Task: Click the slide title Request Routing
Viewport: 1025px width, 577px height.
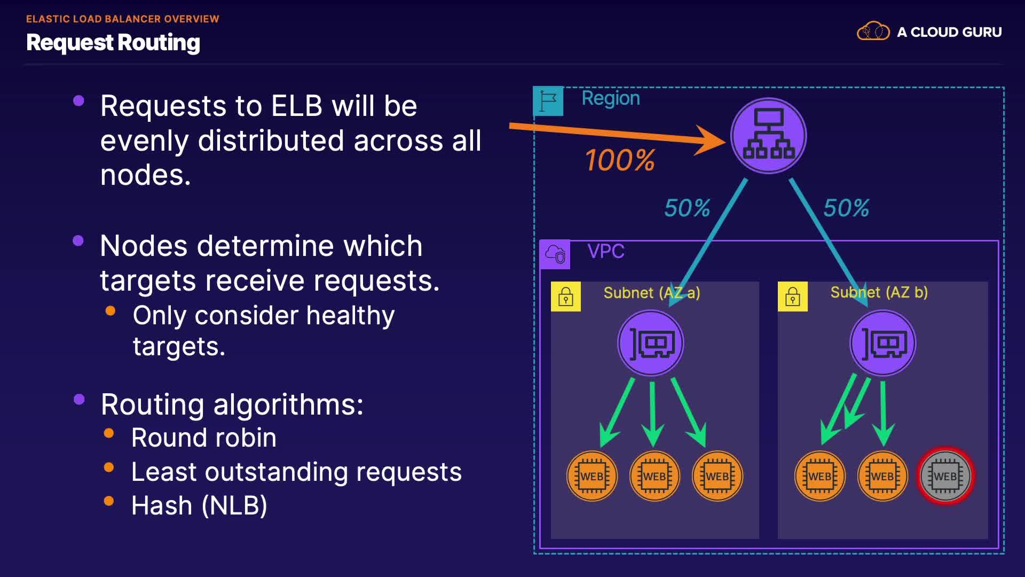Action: tap(113, 43)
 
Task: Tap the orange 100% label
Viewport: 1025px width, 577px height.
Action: tap(620, 160)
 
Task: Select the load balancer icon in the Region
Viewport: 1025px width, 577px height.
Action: tap(768, 136)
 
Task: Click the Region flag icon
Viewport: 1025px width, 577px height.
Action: tap(548, 101)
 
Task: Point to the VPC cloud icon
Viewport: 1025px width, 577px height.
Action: tap(555, 254)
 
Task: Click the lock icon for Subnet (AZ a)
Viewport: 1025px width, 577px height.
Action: tap(566, 297)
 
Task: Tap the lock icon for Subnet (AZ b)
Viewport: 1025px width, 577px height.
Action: tap(793, 297)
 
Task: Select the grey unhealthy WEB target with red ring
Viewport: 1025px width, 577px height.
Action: tap(945, 476)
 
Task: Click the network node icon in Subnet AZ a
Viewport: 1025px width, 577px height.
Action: tap(651, 344)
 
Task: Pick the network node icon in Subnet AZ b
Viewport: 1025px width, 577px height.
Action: tap(883, 344)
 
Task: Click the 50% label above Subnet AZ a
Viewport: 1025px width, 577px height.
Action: tap(687, 208)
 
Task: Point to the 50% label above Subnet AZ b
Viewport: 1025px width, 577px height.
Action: tap(846, 208)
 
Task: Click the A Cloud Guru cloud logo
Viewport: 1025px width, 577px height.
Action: tap(873, 32)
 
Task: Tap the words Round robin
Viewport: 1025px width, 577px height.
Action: tap(204, 438)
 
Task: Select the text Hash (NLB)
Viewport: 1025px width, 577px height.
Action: tap(199, 505)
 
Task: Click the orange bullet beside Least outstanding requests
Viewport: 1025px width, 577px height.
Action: tap(109, 467)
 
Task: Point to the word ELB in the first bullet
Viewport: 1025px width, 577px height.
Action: tap(297, 106)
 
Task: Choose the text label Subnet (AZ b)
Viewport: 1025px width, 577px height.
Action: tap(879, 292)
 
